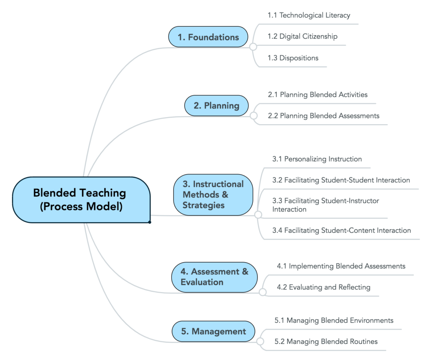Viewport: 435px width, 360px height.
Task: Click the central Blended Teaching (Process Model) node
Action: point(81,200)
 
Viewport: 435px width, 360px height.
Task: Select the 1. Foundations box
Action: point(208,37)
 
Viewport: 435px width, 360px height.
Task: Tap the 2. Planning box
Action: point(216,105)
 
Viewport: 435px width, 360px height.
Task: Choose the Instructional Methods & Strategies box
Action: point(213,195)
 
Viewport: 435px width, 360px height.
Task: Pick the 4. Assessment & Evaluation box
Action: point(214,277)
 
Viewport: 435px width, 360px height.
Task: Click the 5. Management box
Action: point(214,332)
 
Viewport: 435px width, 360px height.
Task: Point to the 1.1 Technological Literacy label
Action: point(309,15)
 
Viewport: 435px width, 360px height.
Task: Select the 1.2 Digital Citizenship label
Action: point(302,37)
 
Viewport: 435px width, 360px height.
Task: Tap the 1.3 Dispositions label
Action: point(293,58)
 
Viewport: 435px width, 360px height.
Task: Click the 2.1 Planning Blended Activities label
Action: point(318,95)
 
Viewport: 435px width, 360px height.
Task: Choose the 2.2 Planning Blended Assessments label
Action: point(324,116)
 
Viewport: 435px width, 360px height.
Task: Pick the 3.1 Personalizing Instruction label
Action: point(317,159)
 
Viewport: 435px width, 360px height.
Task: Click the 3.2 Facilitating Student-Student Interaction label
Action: point(341,180)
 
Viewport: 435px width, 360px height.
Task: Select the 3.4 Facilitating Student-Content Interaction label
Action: point(342,230)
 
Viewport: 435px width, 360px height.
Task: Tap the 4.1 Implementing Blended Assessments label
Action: point(341,266)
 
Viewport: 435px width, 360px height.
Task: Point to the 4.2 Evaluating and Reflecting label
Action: point(324,287)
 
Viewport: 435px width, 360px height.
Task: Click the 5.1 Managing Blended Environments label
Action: point(334,320)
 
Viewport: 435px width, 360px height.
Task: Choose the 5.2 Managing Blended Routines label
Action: point(326,341)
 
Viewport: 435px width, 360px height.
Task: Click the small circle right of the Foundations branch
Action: point(253,47)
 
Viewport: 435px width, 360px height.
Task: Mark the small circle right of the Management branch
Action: point(260,341)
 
